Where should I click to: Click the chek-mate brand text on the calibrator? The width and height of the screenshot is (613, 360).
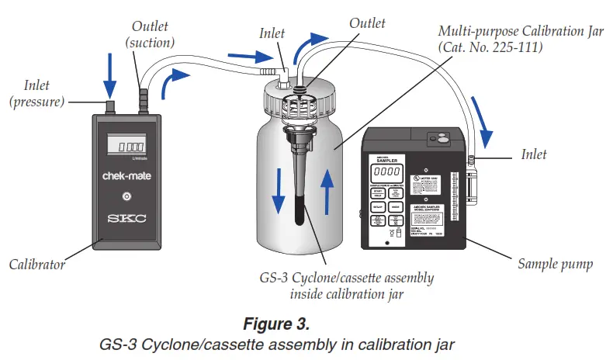click(x=127, y=176)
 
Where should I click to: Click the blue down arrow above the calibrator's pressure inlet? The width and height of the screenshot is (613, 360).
click(x=110, y=74)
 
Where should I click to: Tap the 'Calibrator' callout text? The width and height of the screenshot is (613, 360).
click(x=36, y=265)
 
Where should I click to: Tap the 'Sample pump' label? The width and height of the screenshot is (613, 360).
click(x=552, y=265)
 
